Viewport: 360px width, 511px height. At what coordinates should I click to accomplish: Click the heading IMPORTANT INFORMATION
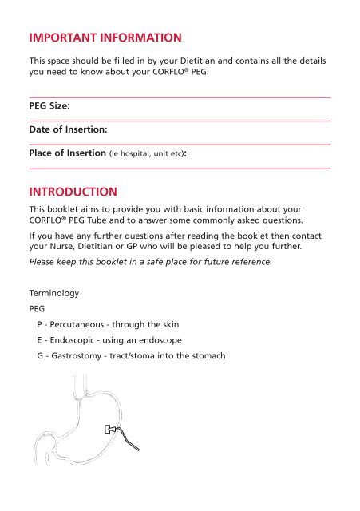pyautogui.click(x=105, y=38)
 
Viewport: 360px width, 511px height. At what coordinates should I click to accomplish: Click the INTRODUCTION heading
pyautogui.click(x=73, y=192)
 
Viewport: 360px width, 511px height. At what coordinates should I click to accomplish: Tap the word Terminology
pyautogui.click(x=54, y=294)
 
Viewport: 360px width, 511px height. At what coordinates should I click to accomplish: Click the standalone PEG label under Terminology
pyautogui.click(x=37, y=311)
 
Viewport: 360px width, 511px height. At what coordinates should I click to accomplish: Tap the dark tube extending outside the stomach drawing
pyautogui.click(x=133, y=444)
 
